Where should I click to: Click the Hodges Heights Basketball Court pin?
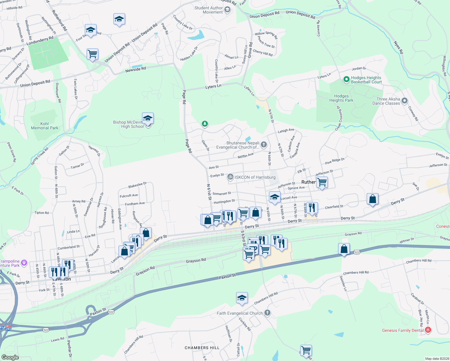(346, 80)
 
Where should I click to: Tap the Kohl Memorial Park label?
(45, 126)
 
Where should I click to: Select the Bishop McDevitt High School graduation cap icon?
(148, 118)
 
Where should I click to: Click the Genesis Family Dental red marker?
(428, 330)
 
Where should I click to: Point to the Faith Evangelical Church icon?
(267, 313)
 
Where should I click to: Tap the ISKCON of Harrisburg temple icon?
(230, 177)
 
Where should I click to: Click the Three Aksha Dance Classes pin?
(405, 101)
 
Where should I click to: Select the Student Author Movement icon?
(227, 10)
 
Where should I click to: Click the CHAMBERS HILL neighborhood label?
(202, 348)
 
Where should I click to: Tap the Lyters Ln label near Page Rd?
(213, 87)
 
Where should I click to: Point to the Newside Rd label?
(135, 69)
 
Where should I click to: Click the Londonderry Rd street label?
(40, 41)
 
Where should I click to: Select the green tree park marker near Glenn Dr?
(205, 123)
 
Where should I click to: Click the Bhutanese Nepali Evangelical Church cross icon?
(264, 145)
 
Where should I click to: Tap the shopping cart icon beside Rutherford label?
(322, 182)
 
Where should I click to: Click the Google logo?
(10, 357)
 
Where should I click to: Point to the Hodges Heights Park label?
(341, 98)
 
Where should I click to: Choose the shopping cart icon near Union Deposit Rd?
(92, 54)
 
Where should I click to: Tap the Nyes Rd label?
(398, 48)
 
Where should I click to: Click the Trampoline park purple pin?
(24, 263)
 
